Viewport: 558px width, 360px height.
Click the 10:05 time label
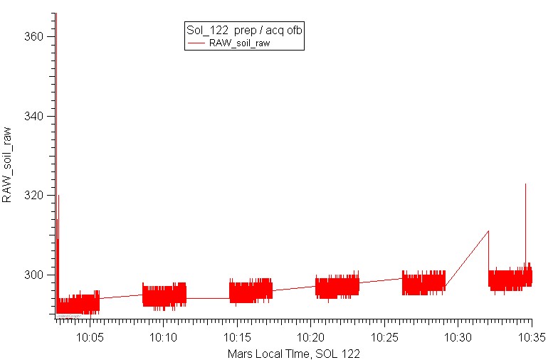(90, 337)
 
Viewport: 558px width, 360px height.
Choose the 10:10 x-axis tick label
(164, 337)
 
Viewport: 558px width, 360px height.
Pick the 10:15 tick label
(237, 337)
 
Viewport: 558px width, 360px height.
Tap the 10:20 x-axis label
(310, 337)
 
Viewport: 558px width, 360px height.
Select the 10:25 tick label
(384, 337)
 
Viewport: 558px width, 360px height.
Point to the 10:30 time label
(458, 337)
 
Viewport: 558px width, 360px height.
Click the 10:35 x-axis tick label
(532, 337)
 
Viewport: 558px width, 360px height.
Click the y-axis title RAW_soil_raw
(7, 165)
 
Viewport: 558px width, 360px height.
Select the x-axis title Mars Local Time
(293, 354)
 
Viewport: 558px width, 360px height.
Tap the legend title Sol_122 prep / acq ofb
(244, 30)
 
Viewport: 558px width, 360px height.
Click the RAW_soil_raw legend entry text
(239, 43)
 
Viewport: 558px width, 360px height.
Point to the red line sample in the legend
(196, 43)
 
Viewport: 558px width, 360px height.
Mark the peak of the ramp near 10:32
(488, 231)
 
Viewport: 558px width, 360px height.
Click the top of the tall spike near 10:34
(525, 184)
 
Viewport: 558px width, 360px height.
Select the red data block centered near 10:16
(251, 290)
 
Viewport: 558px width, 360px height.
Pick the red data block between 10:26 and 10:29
(424, 282)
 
